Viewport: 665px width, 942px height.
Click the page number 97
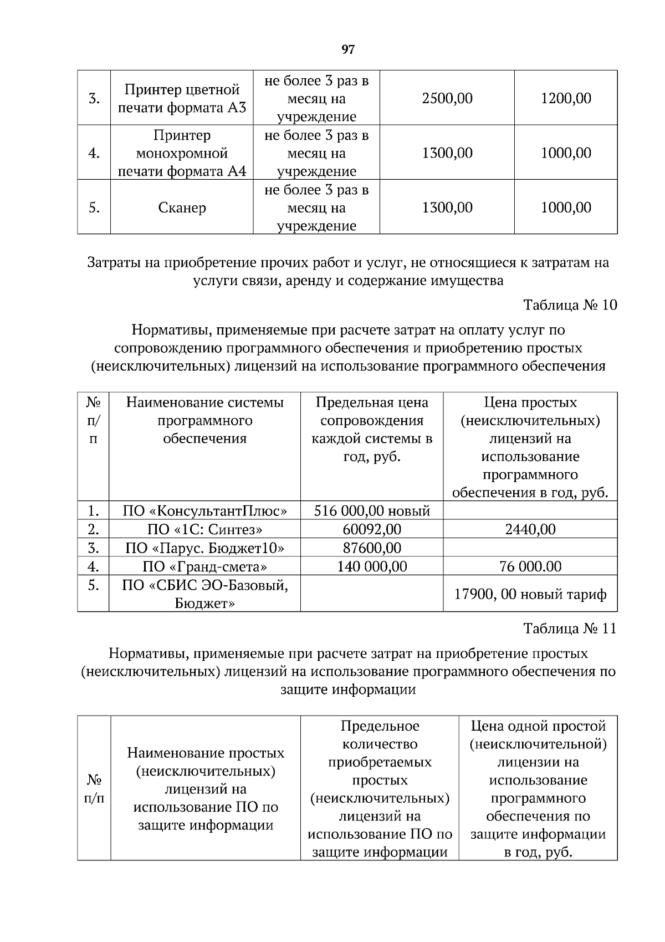[x=347, y=50]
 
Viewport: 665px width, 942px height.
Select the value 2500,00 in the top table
[x=447, y=98]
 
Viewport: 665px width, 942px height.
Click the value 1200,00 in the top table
[x=566, y=98]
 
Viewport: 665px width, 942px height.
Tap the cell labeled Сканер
[x=182, y=208]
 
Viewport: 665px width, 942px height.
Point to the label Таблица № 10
[x=570, y=305]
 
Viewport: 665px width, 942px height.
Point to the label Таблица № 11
[x=570, y=629]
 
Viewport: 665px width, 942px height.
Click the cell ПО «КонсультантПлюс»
[x=204, y=510]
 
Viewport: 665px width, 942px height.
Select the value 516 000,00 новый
[x=372, y=510]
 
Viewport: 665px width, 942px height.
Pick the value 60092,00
[x=372, y=529]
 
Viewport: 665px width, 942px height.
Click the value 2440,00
[x=530, y=529]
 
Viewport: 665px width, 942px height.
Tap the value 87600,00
[x=372, y=548]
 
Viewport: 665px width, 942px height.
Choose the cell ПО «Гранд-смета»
[x=204, y=566]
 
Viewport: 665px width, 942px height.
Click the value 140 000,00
[x=372, y=566]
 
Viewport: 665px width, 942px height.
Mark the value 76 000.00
[x=530, y=566]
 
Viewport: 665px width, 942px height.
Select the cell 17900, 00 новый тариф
[x=530, y=595]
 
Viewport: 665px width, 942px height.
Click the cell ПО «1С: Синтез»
[x=204, y=529]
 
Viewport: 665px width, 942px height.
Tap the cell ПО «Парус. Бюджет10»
[x=204, y=548]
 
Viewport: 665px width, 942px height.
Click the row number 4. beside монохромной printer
[x=94, y=153]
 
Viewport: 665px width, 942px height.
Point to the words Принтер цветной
[x=182, y=89]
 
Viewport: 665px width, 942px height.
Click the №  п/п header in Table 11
[x=94, y=789]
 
